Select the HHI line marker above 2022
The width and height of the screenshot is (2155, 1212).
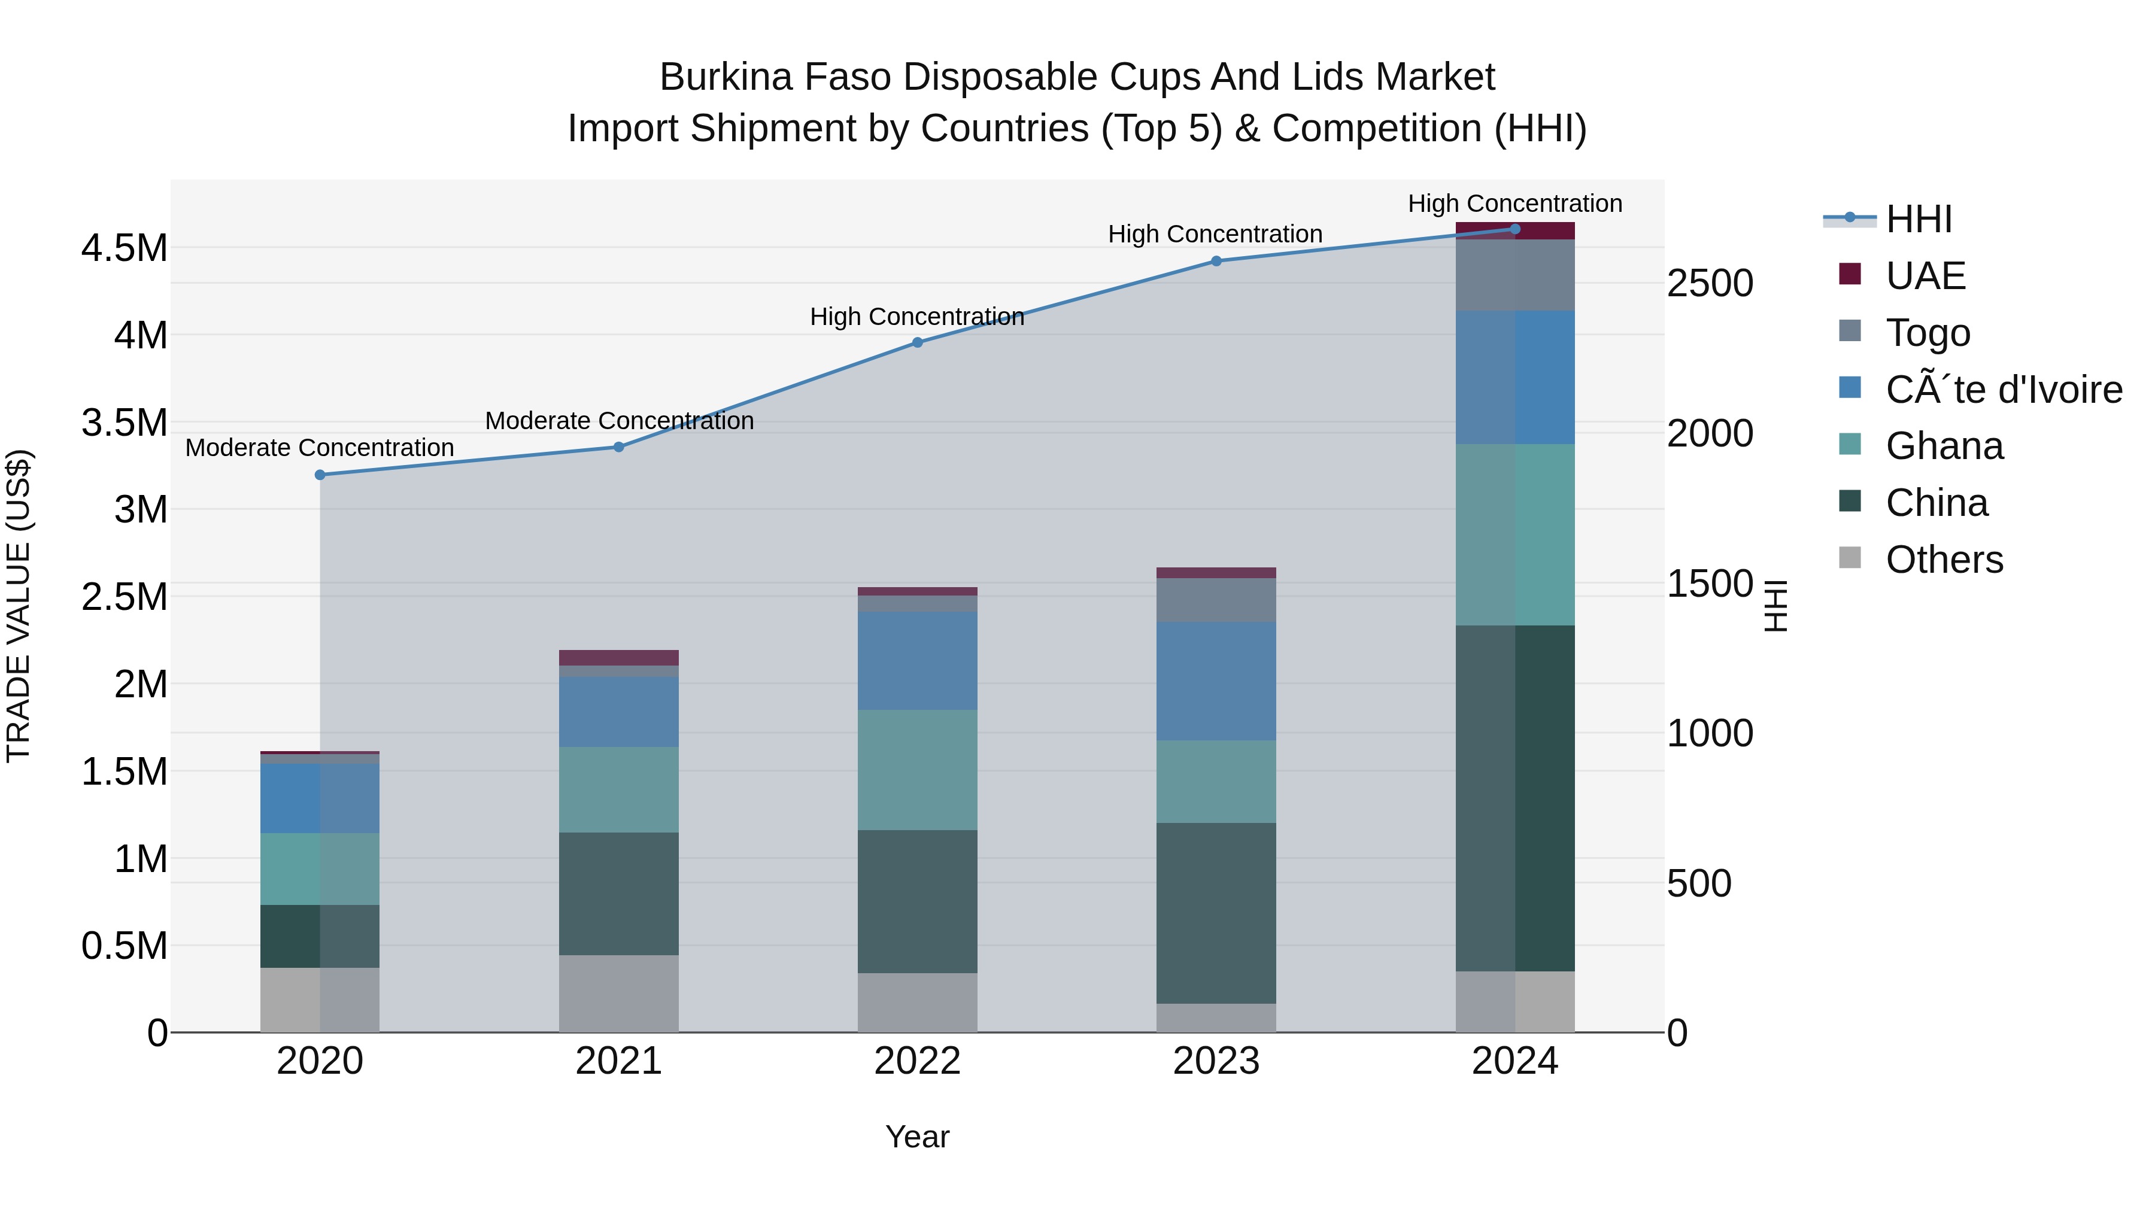(917, 342)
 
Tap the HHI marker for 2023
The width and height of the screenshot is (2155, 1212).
(1216, 261)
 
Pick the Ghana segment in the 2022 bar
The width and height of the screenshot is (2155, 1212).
(917, 770)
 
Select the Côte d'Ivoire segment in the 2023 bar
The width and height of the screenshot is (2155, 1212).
(1216, 681)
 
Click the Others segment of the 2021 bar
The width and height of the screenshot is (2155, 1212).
(618, 994)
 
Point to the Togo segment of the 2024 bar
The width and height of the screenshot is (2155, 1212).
(1515, 275)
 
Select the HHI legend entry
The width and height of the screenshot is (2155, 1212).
(1919, 219)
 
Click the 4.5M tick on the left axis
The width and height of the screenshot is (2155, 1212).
(125, 248)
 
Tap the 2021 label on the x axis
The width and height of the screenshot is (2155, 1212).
(618, 1061)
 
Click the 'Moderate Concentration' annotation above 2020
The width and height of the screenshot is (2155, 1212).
(320, 448)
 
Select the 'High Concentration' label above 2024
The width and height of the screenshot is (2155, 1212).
(1514, 203)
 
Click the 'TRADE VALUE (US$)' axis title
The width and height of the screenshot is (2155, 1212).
(19, 606)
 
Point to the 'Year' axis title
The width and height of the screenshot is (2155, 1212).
(917, 1137)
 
